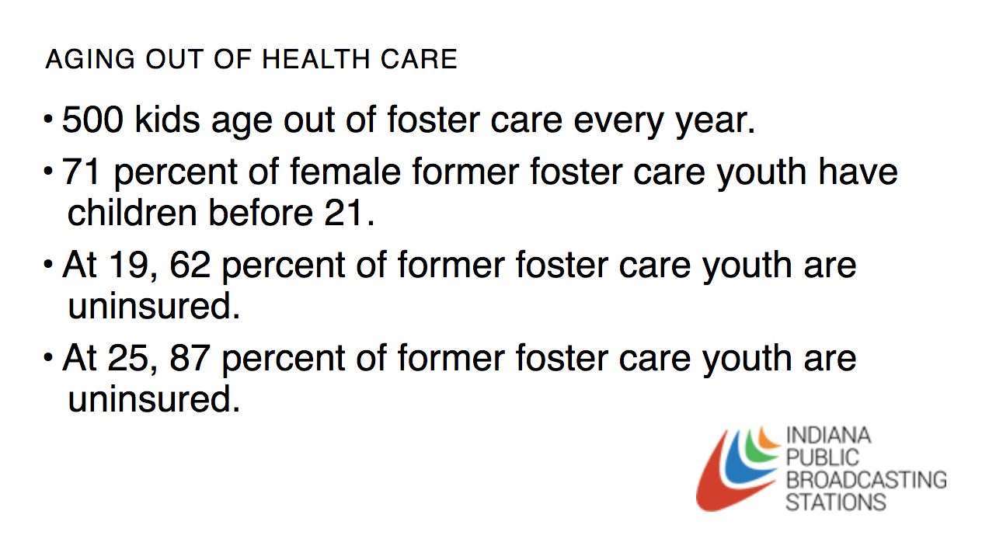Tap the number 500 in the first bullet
[92, 119]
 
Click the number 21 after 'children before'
[343, 213]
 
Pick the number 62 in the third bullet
[190, 265]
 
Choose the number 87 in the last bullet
[190, 358]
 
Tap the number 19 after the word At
[128, 265]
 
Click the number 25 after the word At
[128, 358]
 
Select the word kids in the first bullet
[167, 119]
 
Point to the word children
[132, 212]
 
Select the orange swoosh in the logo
[766, 440]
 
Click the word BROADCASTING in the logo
[866, 480]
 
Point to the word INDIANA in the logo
[828, 435]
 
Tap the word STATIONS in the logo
[836, 502]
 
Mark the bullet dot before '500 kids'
[49, 119]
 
